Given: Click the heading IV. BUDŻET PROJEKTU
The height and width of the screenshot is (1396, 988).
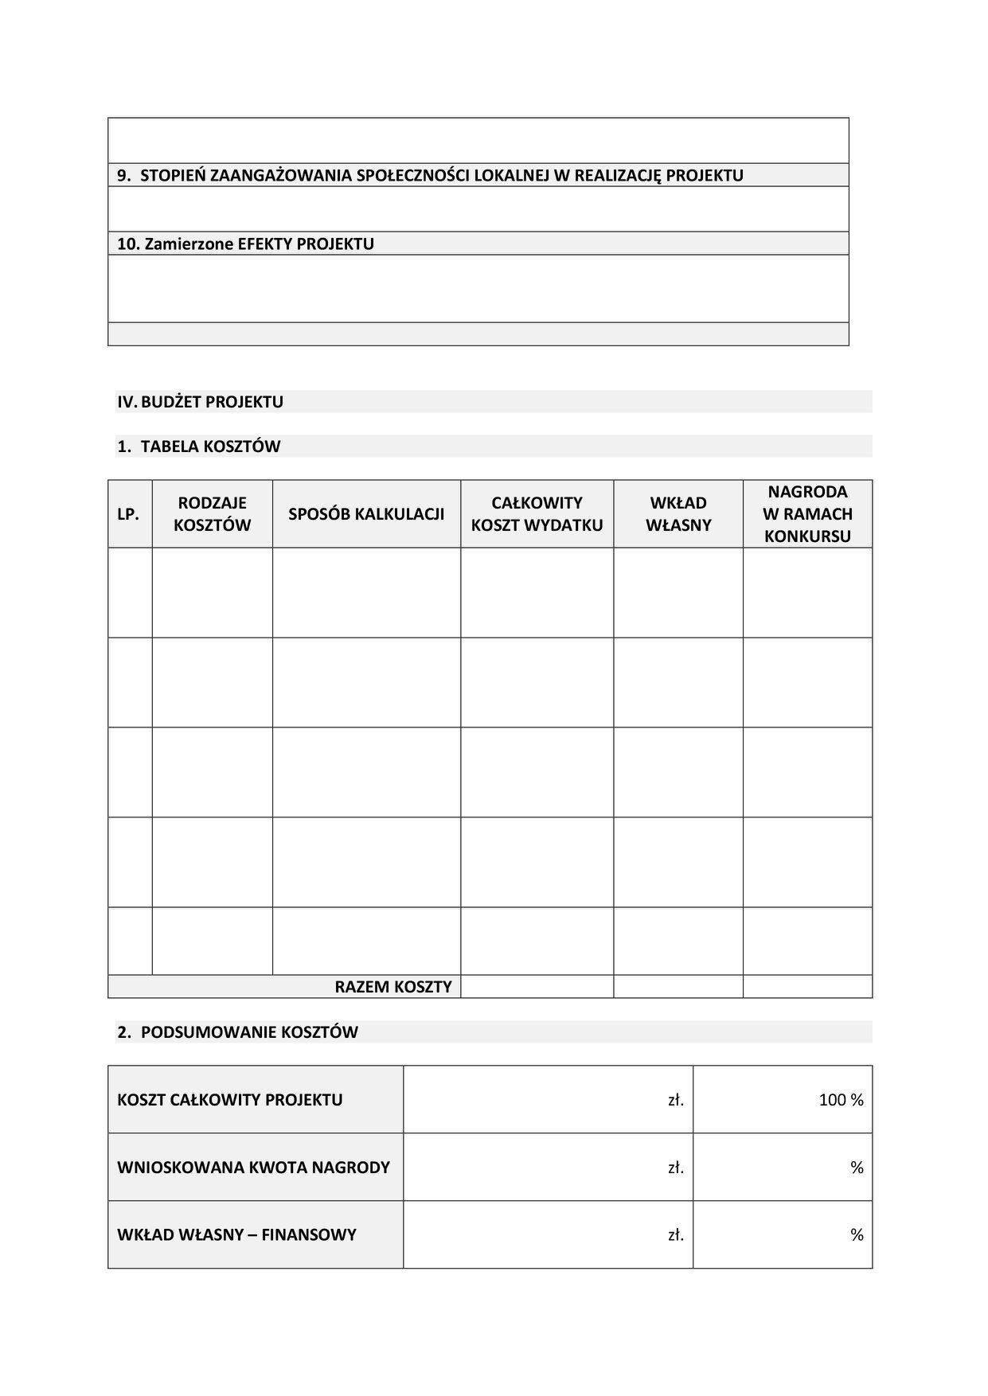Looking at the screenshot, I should (x=201, y=402).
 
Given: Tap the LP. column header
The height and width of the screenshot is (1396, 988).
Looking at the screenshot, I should (x=128, y=514).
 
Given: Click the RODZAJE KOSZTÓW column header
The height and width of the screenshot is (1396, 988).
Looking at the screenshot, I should (x=212, y=514).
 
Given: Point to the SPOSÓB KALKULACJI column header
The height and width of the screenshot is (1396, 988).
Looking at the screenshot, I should (x=366, y=514).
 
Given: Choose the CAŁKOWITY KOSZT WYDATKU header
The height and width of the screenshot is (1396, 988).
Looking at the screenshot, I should (x=537, y=514).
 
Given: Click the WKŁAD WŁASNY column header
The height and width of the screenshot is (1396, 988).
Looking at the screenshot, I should (x=678, y=514).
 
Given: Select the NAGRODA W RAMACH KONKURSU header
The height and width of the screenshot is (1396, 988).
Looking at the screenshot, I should (x=807, y=514).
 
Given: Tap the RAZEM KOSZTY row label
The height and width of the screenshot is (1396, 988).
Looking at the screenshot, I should (x=393, y=987).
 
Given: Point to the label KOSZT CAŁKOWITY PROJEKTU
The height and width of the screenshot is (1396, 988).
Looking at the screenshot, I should (x=230, y=1100).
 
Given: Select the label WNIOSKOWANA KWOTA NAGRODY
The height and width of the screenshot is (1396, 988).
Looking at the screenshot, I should (x=253, y=1168).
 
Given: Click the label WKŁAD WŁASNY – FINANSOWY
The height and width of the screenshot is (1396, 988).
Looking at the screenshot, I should (x=236, y=1235).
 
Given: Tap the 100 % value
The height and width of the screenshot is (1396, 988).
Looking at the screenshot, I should (x=841, y=1100).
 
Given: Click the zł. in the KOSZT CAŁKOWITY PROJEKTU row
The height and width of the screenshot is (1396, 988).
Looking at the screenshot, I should (x=676, y=1100).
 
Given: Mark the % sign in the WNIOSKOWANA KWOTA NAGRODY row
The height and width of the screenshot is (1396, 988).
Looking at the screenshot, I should (x=857, y=1168).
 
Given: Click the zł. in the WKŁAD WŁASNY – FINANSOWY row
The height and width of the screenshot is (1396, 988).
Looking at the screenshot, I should (x=676, y=1235).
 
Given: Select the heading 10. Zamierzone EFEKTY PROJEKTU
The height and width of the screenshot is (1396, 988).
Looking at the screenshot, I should (x=245, y=244).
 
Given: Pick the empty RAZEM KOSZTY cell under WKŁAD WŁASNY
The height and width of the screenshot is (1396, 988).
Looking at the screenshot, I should (x=678, y=987).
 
